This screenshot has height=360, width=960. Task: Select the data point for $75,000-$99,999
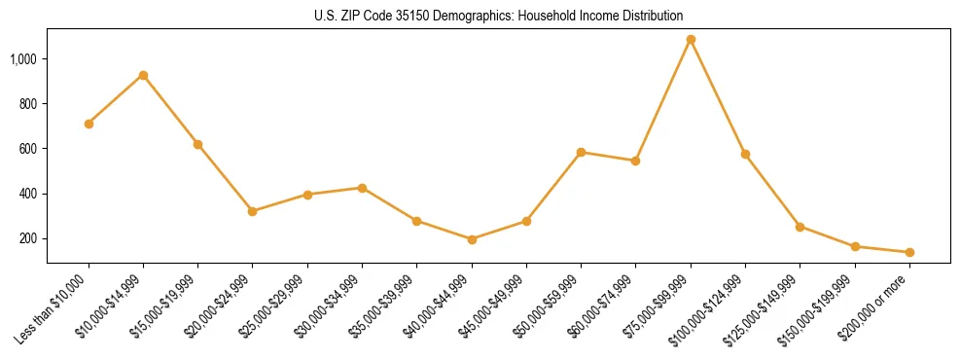pyautogui.click(x=691, y=40)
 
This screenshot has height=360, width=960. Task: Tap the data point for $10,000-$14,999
pyautogui.click(x=143, y=75)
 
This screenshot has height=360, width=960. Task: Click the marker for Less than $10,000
pyautogui.click(x=89, y=124)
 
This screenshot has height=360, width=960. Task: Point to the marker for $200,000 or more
pyautogui.click(x=909, y=252)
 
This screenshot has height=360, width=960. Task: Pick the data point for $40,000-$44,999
pyautogui.click(x=472, y=239)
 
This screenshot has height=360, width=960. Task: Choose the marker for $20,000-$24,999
pyautogui.click(x=253, y=211)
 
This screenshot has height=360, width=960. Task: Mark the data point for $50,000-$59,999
pyautogui.click(x=581, y=152)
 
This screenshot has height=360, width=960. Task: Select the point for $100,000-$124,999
pyautogui.click(x=745, y=154)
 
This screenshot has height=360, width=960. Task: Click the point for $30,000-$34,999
pyautogui.click(x=362, y=188)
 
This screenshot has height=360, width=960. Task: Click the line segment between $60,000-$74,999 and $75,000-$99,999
pyautogui.click(x=663, y=100)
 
